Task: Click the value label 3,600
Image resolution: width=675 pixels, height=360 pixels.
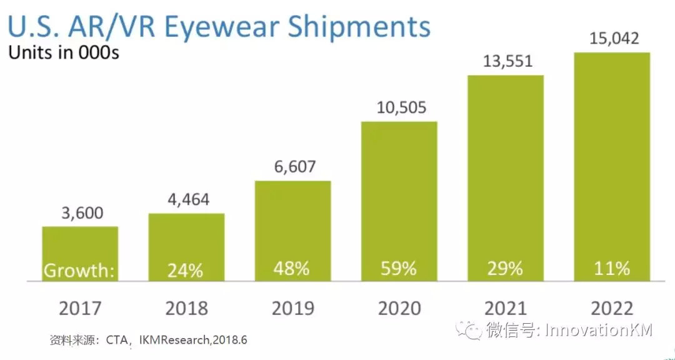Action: [x=80, y=213]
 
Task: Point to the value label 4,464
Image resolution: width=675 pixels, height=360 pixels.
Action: [x=186, y=200]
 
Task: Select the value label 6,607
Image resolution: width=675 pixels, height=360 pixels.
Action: [x=292, y=167]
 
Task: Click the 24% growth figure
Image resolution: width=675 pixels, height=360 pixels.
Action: [x=186, y=271]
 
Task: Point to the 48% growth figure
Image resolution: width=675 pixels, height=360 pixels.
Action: [x=292, y=268]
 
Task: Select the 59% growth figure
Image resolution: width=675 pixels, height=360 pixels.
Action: [x=399, y=269]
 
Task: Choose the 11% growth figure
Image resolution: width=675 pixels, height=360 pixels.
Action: [x=612, y=269]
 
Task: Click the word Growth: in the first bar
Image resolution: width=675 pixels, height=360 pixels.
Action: [x=79, y=271]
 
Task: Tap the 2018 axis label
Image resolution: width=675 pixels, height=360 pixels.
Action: [x=186, y=307]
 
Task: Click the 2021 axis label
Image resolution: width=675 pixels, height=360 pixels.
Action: [x=506, y=307]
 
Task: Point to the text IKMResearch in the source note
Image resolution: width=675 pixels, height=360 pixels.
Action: [x=178, y=341]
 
